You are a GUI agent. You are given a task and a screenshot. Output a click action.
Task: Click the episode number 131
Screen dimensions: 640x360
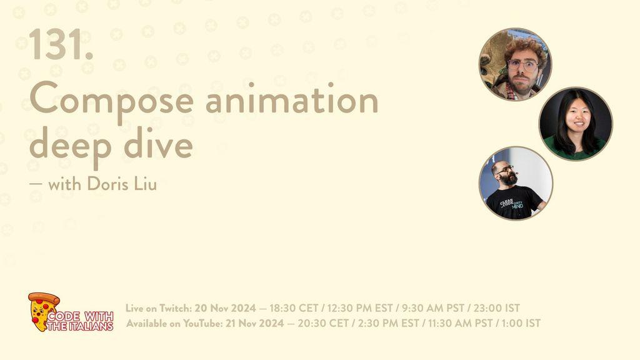tap(61, 44)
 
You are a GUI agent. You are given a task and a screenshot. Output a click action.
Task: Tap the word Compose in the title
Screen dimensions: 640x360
tap(111, 101)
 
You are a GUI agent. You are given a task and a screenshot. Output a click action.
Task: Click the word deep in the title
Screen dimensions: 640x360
tap(70, 146)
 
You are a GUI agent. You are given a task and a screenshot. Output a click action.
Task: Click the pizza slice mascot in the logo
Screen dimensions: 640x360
tap(43, 311)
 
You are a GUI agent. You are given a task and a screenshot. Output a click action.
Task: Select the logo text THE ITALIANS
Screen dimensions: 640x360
tap(79, 326)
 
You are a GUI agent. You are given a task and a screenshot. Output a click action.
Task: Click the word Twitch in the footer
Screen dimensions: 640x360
tap(175, 307)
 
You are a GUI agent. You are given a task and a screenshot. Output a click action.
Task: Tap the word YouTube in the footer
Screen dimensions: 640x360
tap(202, 323)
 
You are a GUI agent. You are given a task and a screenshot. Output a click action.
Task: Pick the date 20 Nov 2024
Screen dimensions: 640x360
tap(225, 307)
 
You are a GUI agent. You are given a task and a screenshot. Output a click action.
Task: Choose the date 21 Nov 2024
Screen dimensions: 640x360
tap(255, 323)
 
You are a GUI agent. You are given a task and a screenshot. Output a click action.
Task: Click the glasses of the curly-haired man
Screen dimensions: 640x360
tap(522, 65)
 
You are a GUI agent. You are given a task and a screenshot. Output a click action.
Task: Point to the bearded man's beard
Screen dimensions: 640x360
tap(509, 178)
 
